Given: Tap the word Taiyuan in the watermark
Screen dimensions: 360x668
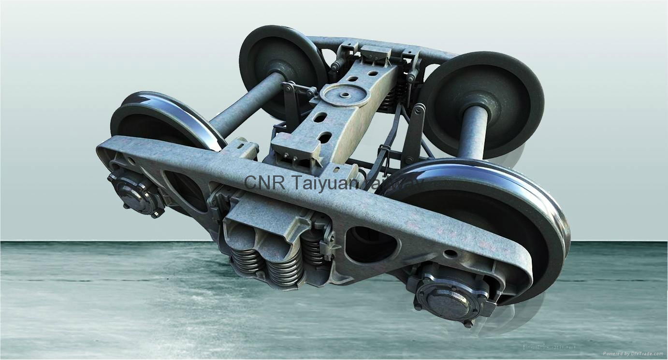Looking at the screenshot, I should (x=319, y=183).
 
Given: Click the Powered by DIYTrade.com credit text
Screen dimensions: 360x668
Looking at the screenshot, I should (x=634, y=354).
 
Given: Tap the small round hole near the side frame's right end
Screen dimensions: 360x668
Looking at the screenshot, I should (x=450, y=253).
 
